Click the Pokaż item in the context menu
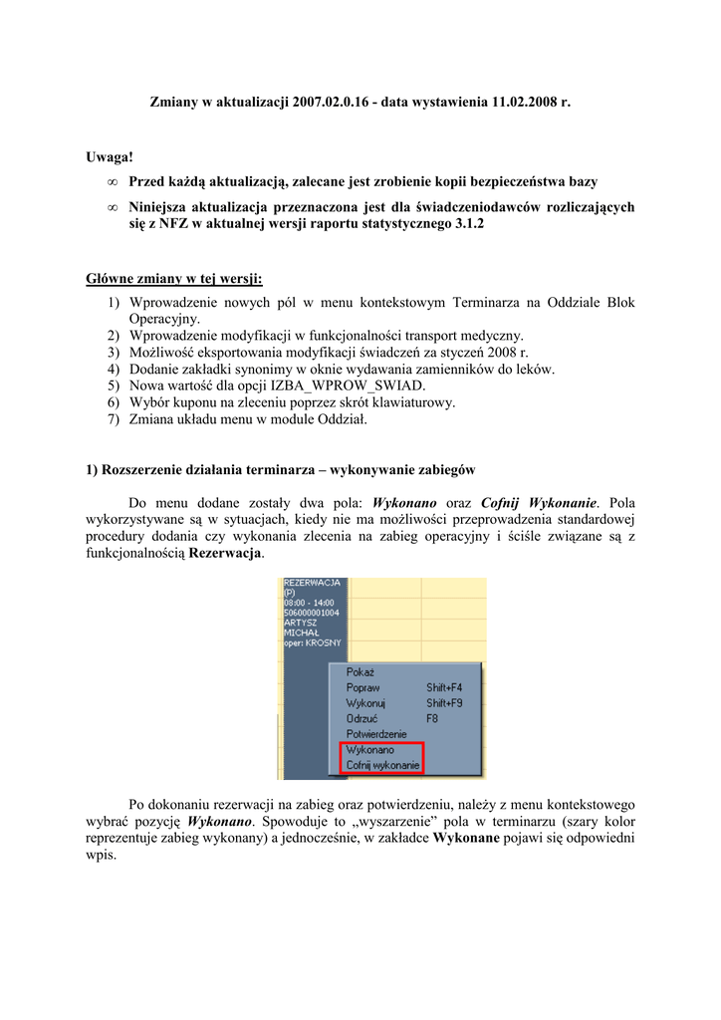coord(360,672)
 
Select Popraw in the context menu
coord(362,687)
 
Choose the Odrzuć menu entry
coord(362,717)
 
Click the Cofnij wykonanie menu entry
coord(382,765)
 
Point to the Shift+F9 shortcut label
coord(444,702)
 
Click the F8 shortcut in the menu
coord(433,717)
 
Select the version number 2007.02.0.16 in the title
coord(332,102)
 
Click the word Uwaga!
coord(110,157)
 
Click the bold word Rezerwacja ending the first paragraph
coord(227,553)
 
